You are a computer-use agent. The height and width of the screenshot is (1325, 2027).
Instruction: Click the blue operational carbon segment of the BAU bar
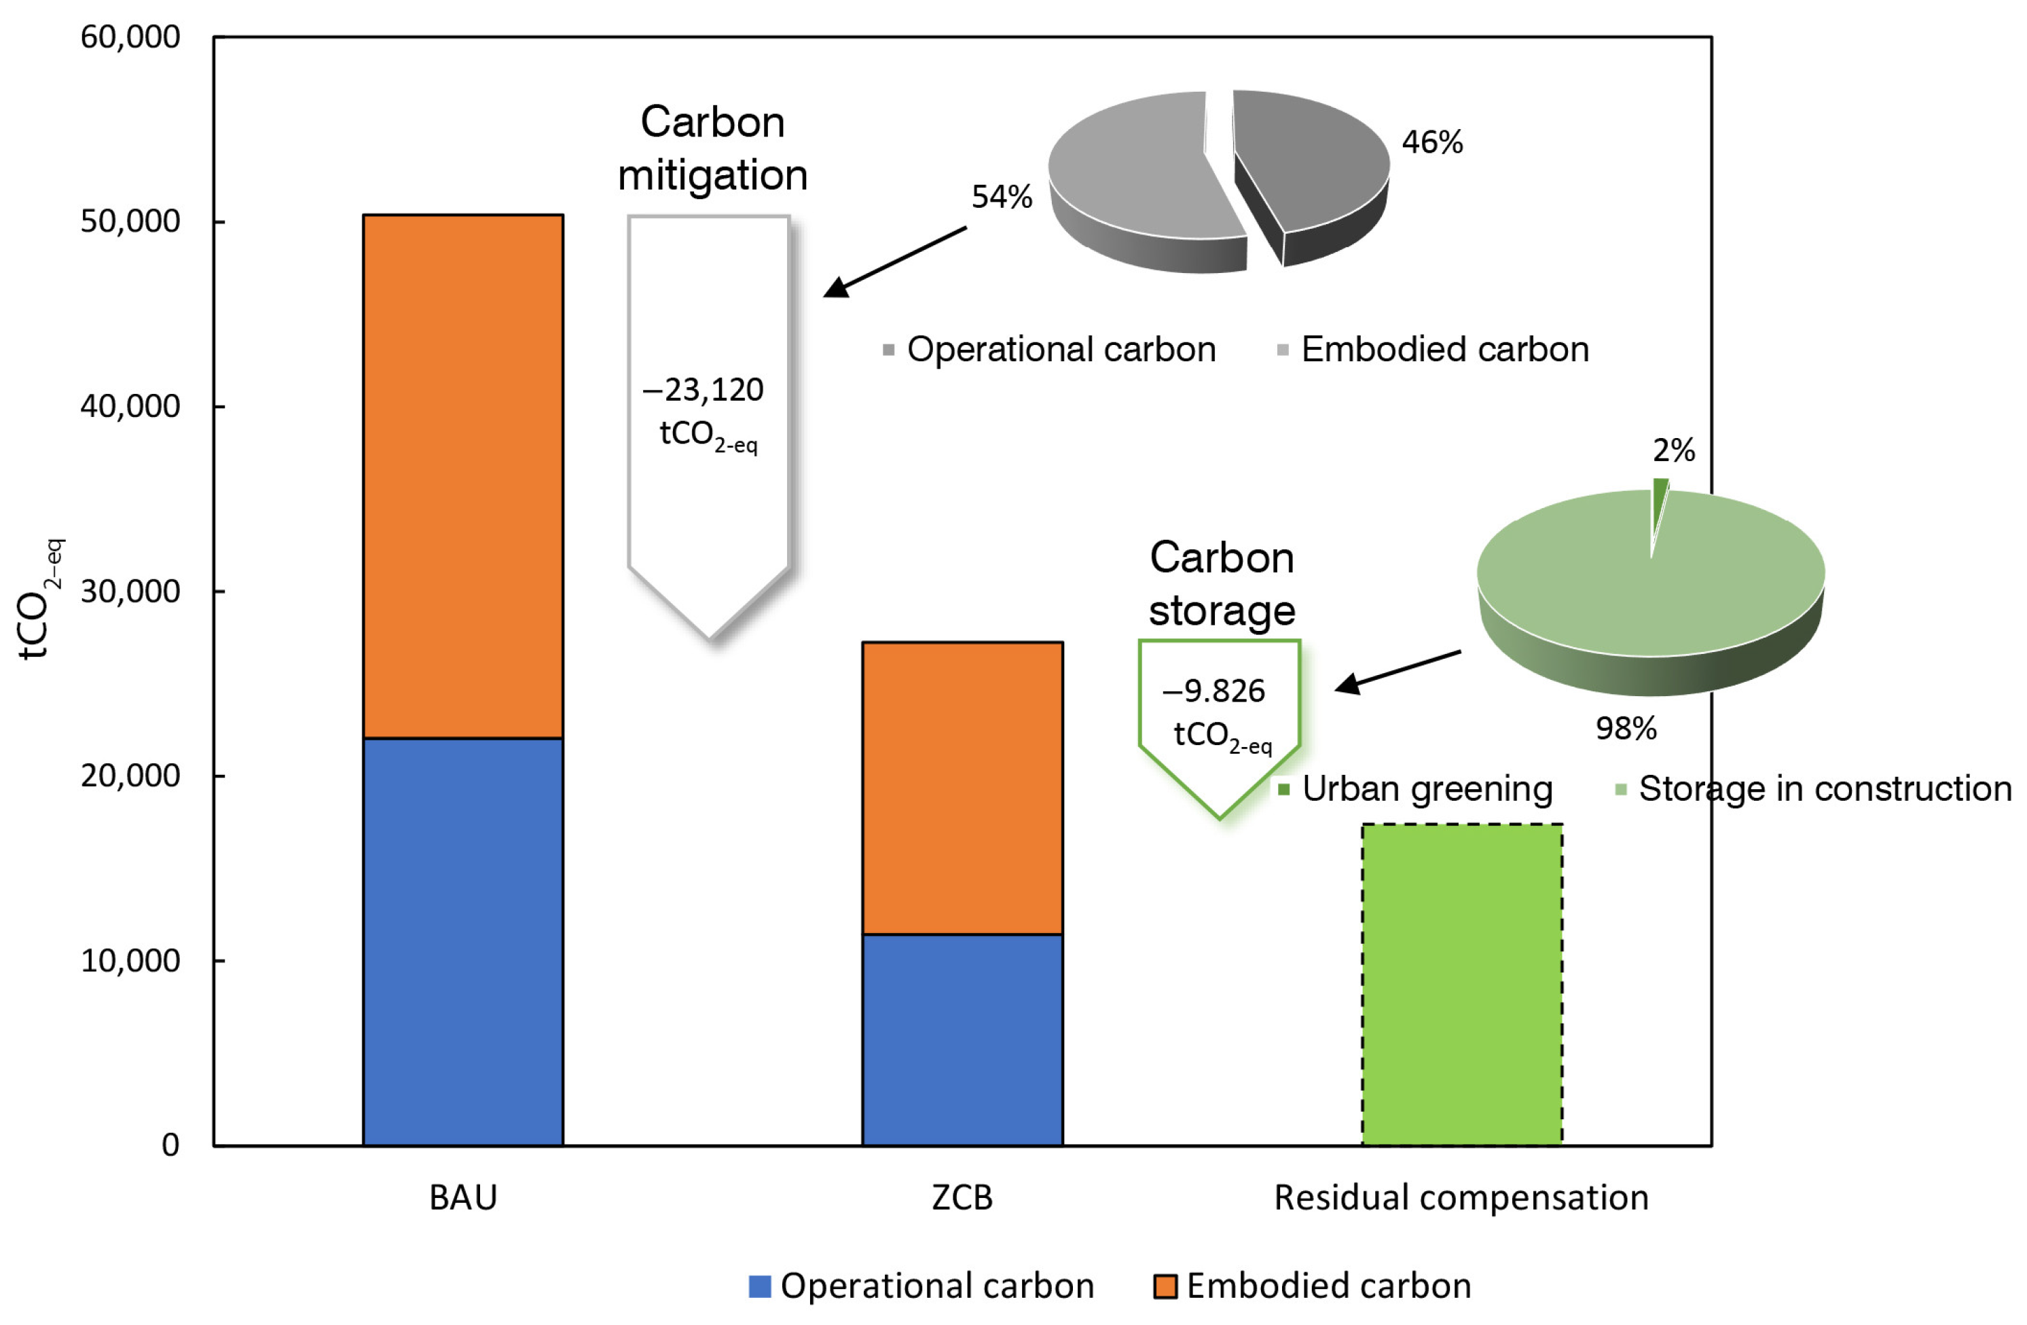coord(462,941)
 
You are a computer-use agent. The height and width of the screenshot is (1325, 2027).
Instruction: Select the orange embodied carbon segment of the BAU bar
coord(462,476)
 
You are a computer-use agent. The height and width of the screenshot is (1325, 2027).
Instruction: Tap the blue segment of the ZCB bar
coord(962,1039)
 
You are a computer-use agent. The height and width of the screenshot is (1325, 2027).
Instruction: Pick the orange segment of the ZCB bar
coord(962,788)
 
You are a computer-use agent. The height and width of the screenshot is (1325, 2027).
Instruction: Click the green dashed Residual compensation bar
coord(1461,984)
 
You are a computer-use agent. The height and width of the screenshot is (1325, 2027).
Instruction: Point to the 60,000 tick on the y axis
coord(130,37)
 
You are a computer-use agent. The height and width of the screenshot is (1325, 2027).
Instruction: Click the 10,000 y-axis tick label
coord(130,960)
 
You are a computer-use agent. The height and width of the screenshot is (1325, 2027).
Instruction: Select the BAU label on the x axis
coord(462,1197)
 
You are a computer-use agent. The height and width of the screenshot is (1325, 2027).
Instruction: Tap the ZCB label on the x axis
coord(962,1197)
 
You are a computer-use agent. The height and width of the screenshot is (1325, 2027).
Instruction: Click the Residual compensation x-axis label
coord(1461,1197)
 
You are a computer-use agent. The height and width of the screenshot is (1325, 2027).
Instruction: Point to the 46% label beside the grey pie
coord(1433,142)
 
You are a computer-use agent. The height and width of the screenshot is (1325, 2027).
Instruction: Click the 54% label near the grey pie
coord(1002,197)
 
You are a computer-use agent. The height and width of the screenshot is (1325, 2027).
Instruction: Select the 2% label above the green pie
coord(1674,450)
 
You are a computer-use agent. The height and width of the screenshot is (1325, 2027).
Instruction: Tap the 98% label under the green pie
coord(1626,728)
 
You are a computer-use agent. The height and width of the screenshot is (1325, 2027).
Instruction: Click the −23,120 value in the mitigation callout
coord(704,390)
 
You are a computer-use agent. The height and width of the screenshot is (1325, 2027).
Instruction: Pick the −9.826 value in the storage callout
coord(1213,691)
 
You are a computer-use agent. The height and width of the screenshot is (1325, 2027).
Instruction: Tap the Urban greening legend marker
coord(1283,789)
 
